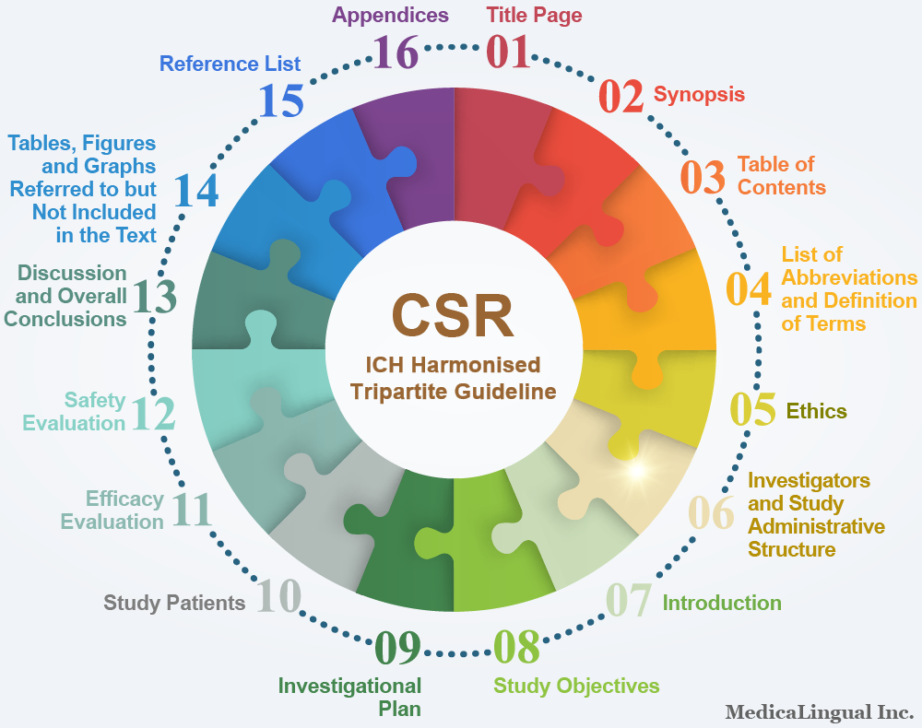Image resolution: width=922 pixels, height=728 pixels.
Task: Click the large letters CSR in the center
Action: pyautogui.click(x=453, y=315)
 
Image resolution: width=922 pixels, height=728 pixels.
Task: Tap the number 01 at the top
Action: pyautogui.click(x=509, y=53)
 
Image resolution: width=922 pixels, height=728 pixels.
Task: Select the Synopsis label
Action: pyautogui.click(x=699, y=95)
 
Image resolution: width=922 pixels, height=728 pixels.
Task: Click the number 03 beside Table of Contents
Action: pyautogui.click(x=703, y=177)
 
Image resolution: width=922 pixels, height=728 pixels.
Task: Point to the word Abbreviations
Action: pyautogui.click(x=849, y=277)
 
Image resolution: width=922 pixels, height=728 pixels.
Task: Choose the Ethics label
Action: pyautogui.click(x=817, y=411)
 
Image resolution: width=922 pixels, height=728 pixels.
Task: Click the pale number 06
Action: pyautogui.click(x=712, y=512)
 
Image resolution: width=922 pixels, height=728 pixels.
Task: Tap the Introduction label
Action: pyautogui.click(x=722, y=603)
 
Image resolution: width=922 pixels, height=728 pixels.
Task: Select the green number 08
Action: pyautogui.click(x=517, y=647)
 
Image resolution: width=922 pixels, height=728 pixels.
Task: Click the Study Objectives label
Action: pyautogui.click(x=576, y=686)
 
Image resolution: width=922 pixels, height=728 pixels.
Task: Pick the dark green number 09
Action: pyautogui.click(x=398, y=648)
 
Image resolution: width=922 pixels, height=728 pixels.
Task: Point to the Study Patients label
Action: pyautogui.click(x=174, y=603)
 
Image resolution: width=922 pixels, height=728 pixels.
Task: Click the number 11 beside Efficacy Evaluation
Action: pyautogui.click(x=192, y=510)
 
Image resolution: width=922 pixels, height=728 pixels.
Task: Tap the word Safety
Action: pyautogui.click(x=95, y=400)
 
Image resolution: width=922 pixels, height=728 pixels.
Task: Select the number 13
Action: pyautogui.click(x=154, y=296)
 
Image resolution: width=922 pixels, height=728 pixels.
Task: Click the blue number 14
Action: pyautogui.click(x=196, y=191)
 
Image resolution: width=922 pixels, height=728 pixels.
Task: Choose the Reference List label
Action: pyautogui.click(x=230, y=64)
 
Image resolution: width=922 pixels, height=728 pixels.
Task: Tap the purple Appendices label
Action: pyautogui.click(x=390, y=16)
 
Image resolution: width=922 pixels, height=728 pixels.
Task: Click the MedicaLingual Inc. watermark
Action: pyautogui.click(x=820, y=712)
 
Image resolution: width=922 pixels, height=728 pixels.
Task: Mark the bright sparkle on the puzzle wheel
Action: pyautogui.click(x=637, y=470)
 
